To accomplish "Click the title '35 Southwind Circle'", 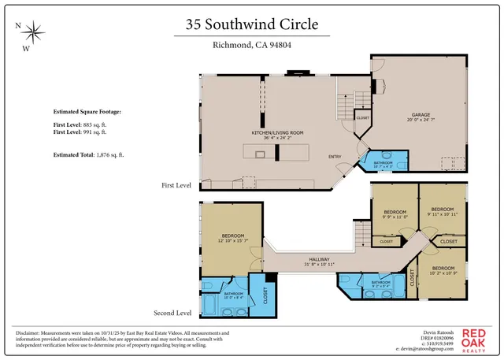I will pyautogui.click(x=252, y=24).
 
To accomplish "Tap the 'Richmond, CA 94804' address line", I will pyautogui.click(x=252, y=45).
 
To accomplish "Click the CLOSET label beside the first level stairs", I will pyautogui.click(x=363, y=117).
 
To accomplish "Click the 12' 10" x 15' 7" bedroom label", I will pyautogui.click(x=232, y=238).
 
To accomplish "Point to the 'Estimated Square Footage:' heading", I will pyautogui.click(x=87, y=113).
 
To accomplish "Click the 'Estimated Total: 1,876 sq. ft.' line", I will pyautogui.click(x=88, y=154).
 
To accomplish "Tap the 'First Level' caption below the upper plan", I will pyautogui.click(x=176, y=185).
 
